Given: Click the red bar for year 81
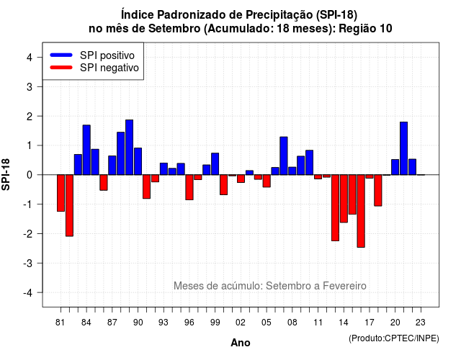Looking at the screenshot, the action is [61, 193].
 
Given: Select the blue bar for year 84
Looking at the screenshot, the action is [86, 150].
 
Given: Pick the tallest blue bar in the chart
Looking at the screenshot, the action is [130, 147].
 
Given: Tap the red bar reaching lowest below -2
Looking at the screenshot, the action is [361, 211].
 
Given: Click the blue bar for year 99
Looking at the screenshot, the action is [215, 164].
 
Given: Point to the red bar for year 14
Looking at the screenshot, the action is [344, 199].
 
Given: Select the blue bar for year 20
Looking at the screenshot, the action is [395, 167].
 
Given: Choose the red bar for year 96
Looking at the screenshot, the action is [189, 187].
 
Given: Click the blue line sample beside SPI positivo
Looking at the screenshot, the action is [61, 55].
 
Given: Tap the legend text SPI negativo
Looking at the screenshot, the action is [109, 68].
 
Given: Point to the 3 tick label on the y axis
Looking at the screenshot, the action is [30, 86].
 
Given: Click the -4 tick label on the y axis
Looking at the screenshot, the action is [28, 293].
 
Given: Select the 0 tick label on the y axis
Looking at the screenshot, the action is [30, 175].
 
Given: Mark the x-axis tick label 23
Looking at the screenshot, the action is [421, 323].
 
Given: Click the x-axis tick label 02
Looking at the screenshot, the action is [241, 323].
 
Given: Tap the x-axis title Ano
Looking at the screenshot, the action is [241, 343].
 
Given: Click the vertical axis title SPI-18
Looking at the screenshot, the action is [6, 174].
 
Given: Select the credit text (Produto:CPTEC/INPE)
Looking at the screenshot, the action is [394, 338].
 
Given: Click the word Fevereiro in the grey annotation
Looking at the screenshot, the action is [344, 286].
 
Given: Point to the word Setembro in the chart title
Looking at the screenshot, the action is [174, 29].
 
